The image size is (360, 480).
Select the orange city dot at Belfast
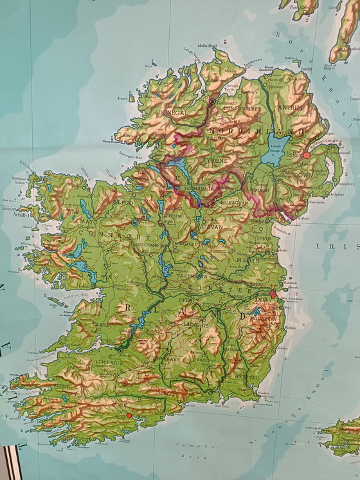307,155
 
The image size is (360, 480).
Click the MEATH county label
251,260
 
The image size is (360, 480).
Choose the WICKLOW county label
269,318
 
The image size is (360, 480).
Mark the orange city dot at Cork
129,416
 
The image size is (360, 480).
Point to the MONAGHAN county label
236,203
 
